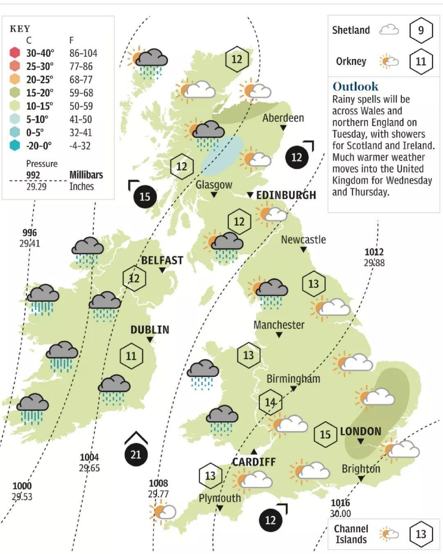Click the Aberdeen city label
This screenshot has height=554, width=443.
283,118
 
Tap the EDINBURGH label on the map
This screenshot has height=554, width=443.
286,195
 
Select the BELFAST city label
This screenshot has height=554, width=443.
162,260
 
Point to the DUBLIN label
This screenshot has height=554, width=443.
150,330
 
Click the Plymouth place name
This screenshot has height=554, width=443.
219,498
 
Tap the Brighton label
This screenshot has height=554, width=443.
361,469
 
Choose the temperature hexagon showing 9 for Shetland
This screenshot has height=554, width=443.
421,30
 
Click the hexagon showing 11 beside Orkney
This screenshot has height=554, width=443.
421,62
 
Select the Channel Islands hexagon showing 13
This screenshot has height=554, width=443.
421,534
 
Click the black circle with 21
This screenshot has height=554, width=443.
136,455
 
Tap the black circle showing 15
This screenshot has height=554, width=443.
145,196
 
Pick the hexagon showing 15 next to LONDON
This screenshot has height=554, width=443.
325,434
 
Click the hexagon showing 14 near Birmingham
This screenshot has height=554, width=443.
270,402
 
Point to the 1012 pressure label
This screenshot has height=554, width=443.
374,252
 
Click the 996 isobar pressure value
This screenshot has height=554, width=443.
30,233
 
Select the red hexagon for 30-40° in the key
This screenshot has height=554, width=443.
15,53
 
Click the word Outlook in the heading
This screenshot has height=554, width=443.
355,87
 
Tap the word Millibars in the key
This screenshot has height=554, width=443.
86,175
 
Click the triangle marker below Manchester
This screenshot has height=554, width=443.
279,335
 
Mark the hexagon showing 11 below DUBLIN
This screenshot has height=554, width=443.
131,356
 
